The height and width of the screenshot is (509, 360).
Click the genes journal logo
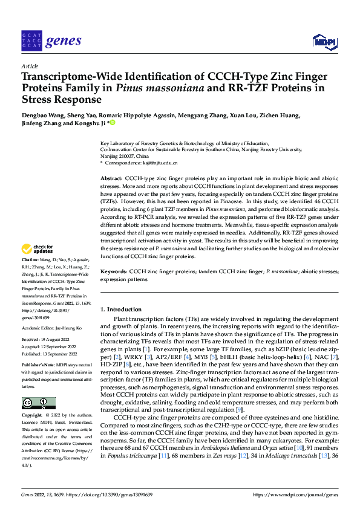click(51, 41)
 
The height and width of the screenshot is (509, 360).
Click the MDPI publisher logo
click(324, 41)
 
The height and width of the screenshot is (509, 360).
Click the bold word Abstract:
click(111, 180)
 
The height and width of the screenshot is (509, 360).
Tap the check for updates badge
click(38, 265)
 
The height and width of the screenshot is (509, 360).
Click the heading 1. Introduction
click(120, 310)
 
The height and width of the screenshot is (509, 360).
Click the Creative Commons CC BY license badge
click(38, 403)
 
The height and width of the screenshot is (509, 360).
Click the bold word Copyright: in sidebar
click(32, 416)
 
